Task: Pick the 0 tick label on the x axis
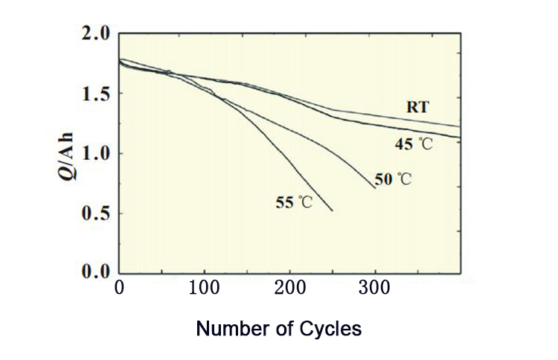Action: (x=119, y=288)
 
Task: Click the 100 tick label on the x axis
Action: (x=204, y=288)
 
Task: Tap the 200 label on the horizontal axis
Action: (x=289, y=288)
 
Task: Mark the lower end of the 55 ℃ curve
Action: (x=332, y=211)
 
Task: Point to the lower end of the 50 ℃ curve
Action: (x=375, y=187)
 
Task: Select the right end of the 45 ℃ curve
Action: (x=459, y=137)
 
